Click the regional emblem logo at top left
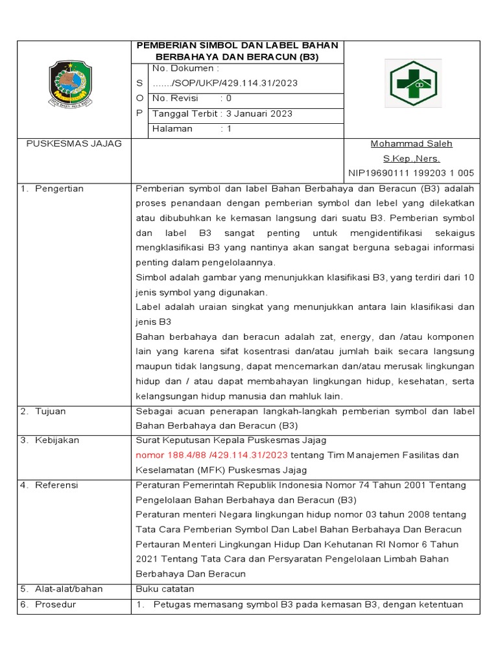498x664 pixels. click(x=75, y=85)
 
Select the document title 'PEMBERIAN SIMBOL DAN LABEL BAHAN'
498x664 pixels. click(x=237, y=45)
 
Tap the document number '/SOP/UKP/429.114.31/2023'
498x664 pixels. click(x=225, y=84)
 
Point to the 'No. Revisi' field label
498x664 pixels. click(x=174, y=99)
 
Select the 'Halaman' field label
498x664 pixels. click(x=172, y=128)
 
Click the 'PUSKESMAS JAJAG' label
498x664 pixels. click(x=73, y=143)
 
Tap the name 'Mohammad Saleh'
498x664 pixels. click(x=411, y=143)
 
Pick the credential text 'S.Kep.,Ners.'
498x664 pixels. click(x=411, y=158)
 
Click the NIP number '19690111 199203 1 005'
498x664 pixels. click(x=421, y=173)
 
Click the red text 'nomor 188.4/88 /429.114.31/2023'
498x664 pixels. click(x=211, y=455)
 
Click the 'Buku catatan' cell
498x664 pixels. click(x=165, y=589)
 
